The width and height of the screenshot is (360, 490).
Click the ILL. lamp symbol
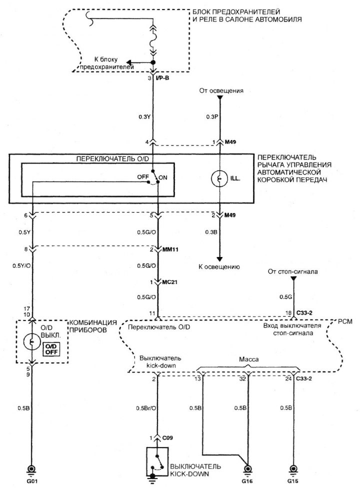pos(219,177)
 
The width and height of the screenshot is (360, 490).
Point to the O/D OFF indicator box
pos(50,348)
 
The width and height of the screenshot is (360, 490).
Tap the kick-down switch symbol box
pos(157,460)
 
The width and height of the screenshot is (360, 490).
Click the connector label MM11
pos(171,249)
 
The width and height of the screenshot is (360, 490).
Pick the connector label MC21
pos(171,282)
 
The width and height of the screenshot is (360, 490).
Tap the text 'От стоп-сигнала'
pos(293,271)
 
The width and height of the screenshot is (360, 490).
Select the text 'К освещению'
pos(219,267)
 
